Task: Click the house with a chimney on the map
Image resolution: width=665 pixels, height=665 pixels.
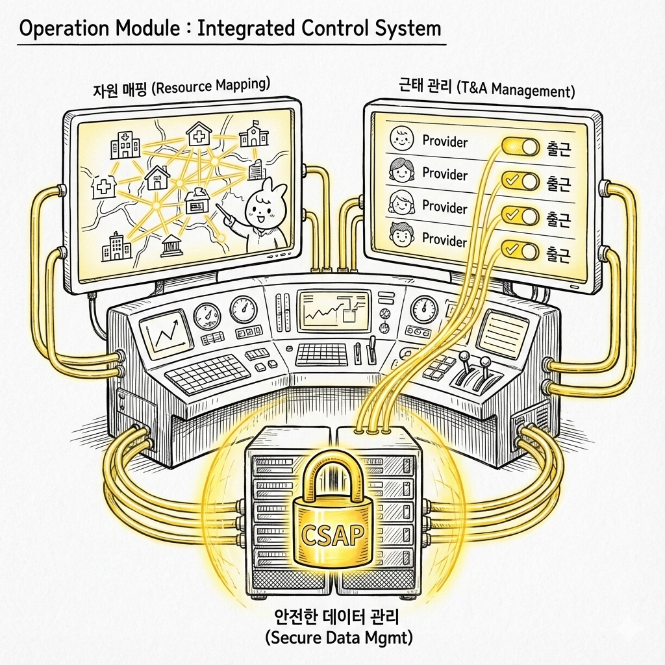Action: coord(157,177)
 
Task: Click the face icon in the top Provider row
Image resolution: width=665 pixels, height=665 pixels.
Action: coord(401,138)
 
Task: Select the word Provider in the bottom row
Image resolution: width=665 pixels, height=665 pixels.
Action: coord(445,240)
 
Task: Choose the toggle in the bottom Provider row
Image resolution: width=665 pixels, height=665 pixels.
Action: coord(520,249)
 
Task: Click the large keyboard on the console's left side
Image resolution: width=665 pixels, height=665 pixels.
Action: coord(208,375)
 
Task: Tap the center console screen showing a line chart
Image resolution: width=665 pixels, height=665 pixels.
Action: coord(332,310)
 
